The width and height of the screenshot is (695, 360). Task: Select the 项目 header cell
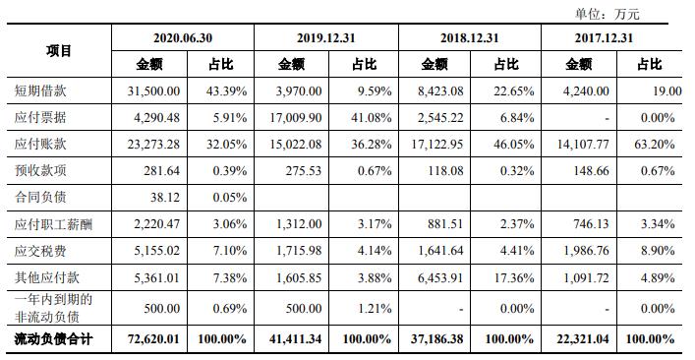coord(58,51)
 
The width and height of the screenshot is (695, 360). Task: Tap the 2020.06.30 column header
coord(183,38)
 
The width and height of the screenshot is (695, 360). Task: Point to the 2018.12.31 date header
coord(468,38)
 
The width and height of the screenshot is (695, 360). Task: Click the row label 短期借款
coord(40,91)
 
